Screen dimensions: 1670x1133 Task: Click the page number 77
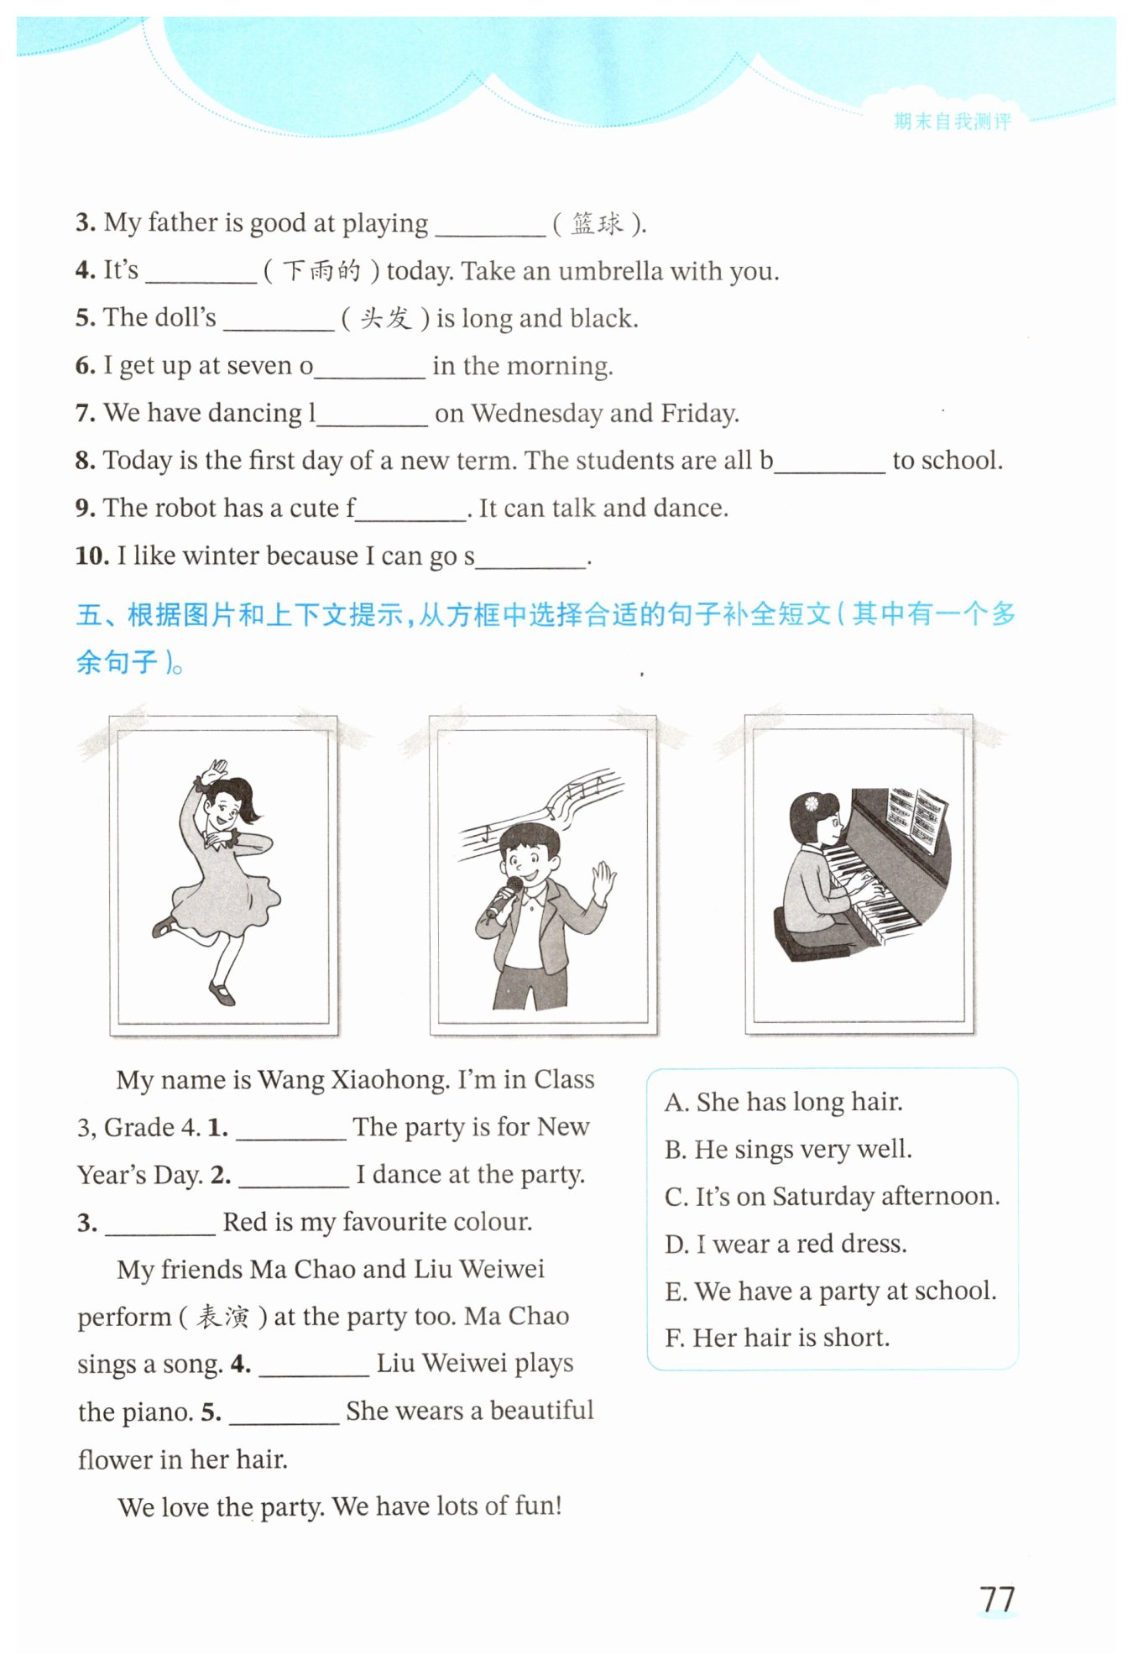996,1599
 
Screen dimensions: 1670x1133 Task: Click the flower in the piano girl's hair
811,803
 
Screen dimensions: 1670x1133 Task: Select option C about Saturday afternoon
832,1196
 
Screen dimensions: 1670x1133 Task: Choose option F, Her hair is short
776,1337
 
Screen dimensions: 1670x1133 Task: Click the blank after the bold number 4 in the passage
314,1365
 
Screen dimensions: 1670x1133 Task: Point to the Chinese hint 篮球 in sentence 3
598,223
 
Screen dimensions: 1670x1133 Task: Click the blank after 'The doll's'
279,320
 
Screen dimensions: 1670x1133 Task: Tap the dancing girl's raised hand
217,770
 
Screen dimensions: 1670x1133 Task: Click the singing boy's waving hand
603,880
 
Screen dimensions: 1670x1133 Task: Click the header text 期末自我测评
952,122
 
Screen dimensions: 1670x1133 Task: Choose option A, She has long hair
783,1102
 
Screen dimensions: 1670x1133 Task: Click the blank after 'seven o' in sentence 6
369,368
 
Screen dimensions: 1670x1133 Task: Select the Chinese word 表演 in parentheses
222,1317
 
